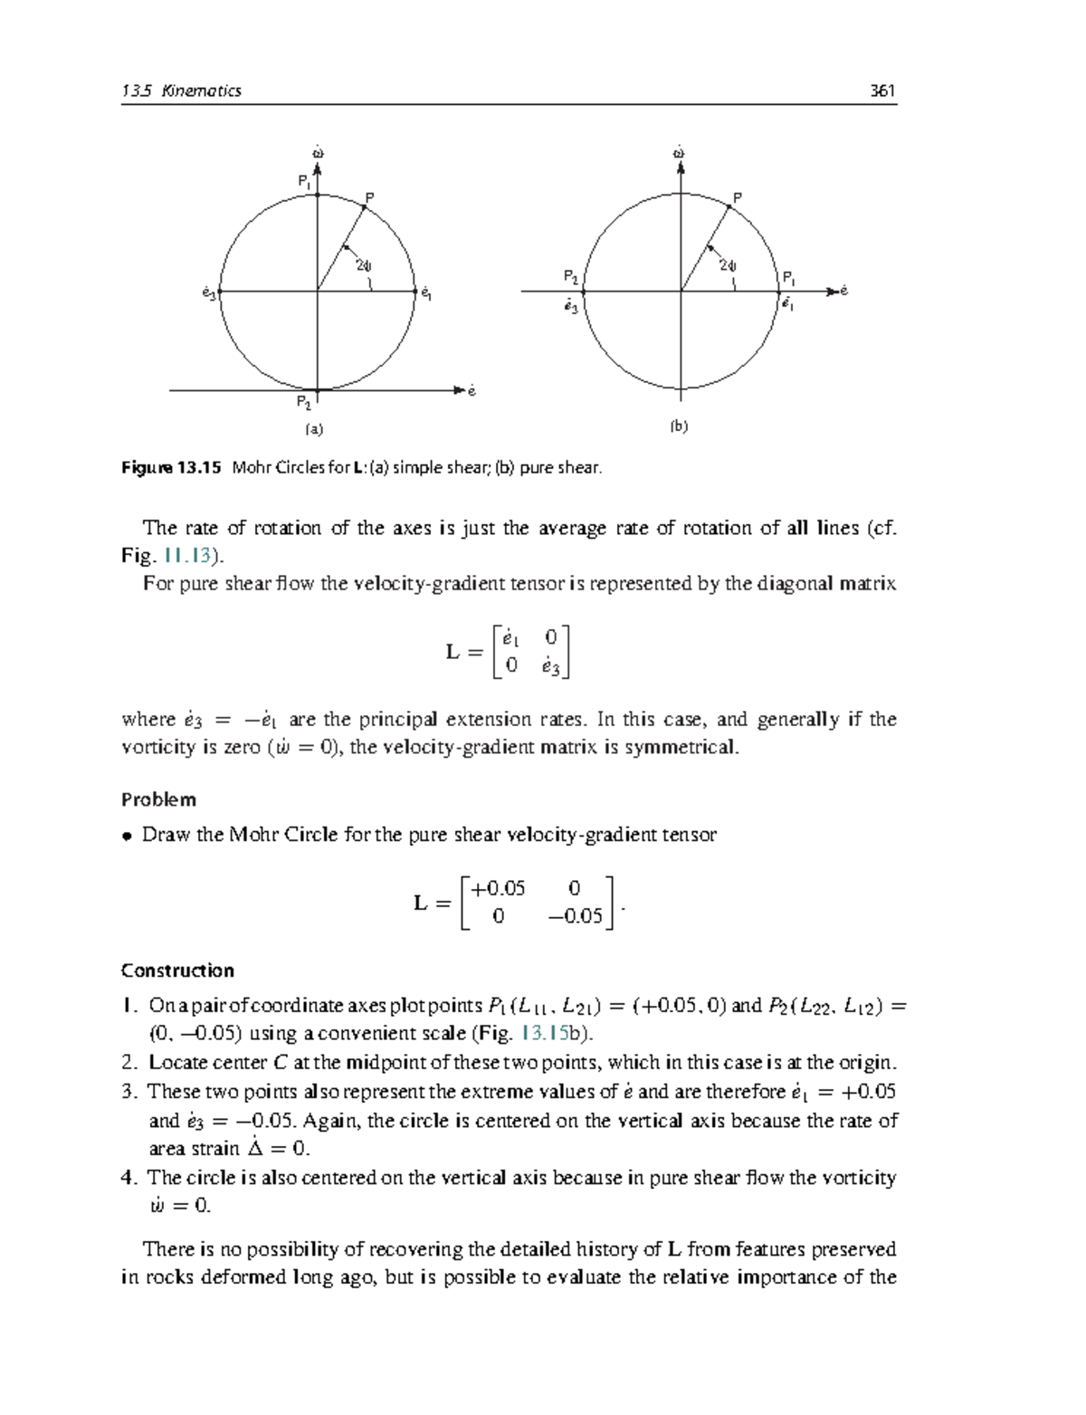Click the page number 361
point(881,91)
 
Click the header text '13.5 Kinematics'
point(181,91)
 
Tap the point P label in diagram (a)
point(369,197)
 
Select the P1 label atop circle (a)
point(305,181)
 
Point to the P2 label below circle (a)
point(303,403)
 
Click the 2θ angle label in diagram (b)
point(728,266)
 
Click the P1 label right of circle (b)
point(789,277)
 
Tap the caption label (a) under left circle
point(313,429)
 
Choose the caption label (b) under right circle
point(679,426)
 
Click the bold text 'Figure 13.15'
point(171,468)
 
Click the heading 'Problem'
point(158,799)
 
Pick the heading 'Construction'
point(177,970)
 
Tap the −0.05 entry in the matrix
point(576,916)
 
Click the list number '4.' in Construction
point(129,1177)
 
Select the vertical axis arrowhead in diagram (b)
point(680,166)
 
